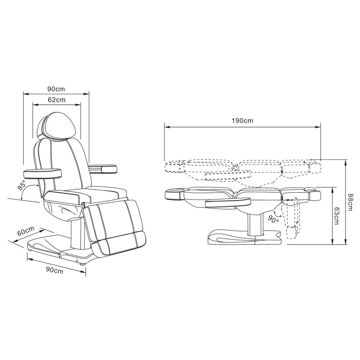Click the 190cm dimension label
point(242,121)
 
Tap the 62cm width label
point(57,100)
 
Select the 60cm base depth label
point(26,231)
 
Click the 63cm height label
point(337,216)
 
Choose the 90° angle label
point(273,220)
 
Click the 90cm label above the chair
point(56,89)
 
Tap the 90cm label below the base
point(54,270)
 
